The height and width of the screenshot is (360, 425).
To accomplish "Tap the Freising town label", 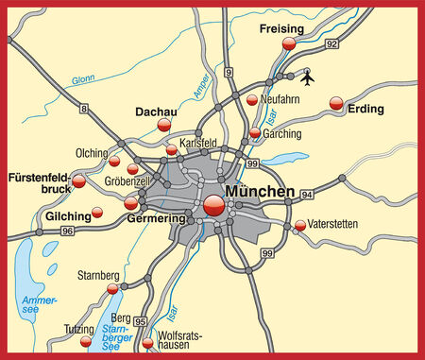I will [x=282, y=29].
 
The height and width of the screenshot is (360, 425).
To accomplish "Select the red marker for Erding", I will [x=337, y=104].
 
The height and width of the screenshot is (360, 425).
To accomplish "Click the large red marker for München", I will [x=212, y=205].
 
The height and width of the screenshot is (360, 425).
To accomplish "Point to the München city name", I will [x=262, y=191].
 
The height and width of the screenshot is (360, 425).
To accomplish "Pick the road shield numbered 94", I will [x=307, y=193].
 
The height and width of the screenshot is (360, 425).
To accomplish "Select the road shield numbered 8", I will [x=83, y=111].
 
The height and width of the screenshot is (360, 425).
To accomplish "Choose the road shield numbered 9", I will [x=229, y=71].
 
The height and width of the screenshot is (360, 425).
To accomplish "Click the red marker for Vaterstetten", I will [x=300, y=225].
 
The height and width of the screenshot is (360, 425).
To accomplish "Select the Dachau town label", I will [x=156, y=111].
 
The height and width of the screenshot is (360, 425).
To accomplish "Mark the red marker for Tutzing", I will [x=86, y=340].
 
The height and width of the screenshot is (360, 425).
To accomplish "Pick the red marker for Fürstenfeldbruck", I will [x=79, y=180].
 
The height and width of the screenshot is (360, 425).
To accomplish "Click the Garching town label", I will [x=281, y=135].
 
